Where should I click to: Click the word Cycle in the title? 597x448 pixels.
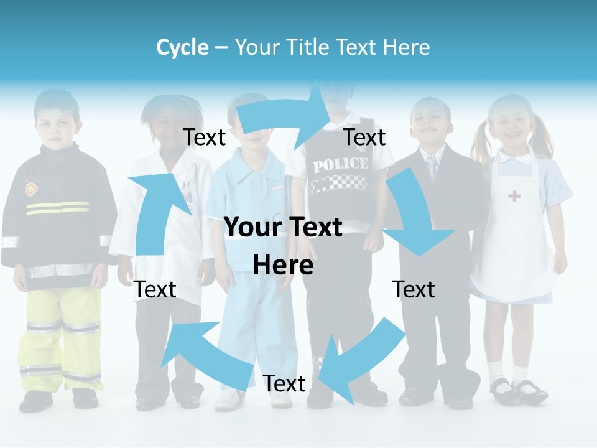click(182, 47)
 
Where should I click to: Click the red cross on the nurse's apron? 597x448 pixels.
click(514, 197)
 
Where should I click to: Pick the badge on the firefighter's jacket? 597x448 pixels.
click(32, 187)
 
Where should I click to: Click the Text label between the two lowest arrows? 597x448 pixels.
click(284, 383)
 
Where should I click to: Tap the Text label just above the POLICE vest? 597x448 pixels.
click(364, 138)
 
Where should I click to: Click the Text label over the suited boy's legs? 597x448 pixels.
click(414, 289)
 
